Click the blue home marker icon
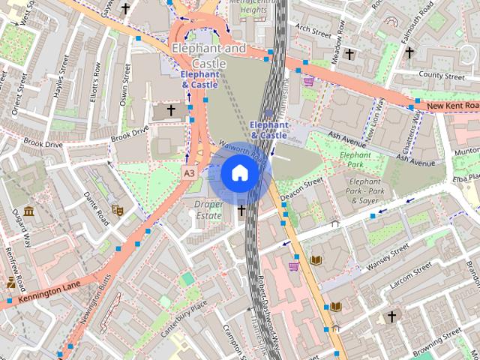(x=239, y=172)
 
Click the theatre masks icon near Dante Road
(x=116, y=210)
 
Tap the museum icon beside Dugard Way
(x=28, y=212)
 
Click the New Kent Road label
(x=451, y=107)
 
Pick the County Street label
(x=442, y=76)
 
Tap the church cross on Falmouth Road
(x=409, y=52)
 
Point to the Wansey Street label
(x=388, y=256)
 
